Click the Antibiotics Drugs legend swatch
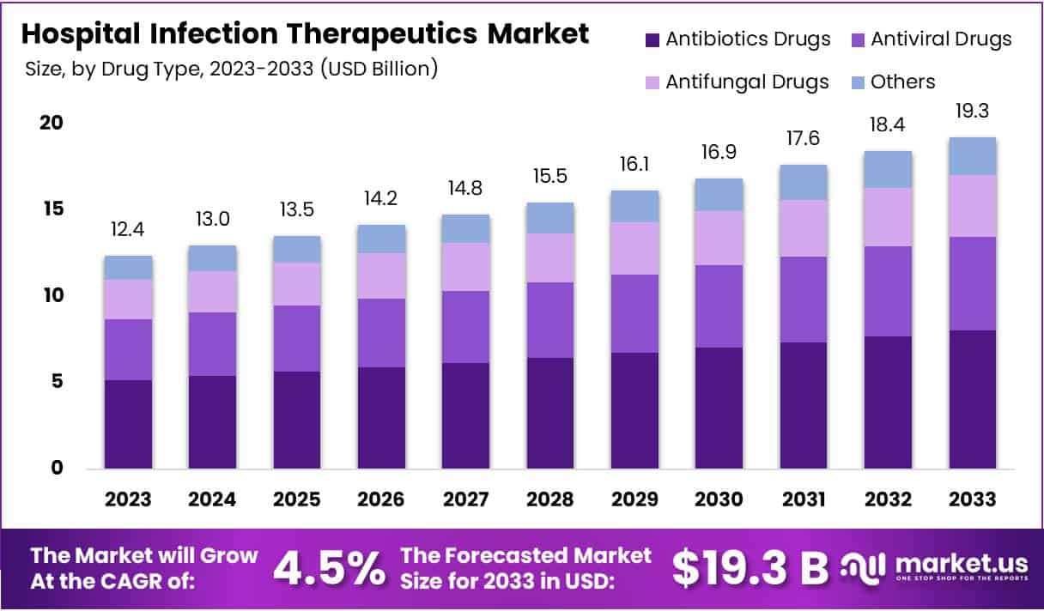coord(652,39)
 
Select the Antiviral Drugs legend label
coord(941,39)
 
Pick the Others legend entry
coord(902,82)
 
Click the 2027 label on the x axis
coord(466,499)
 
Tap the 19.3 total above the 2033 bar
coord(972,112)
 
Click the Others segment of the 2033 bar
coord(972,156)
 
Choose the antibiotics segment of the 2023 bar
coord(128,424)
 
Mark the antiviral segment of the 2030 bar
coord(719,306)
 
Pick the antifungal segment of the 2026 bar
coord(381,275)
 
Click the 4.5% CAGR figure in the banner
coord(329,567)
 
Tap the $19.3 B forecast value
coord(750,567)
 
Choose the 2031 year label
coord(803,499)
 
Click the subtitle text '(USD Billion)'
coord(379,69)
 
